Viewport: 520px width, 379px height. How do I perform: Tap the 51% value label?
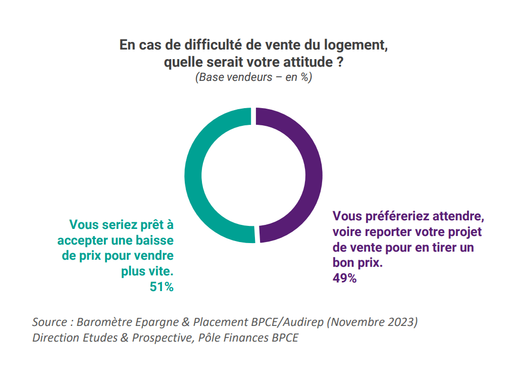tap(162, 287)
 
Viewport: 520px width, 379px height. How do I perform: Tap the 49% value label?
tap(345, 277)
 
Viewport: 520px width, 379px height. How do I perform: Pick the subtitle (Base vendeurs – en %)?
tap(253, 78)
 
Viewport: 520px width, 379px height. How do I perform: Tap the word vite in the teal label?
tap(161, 271)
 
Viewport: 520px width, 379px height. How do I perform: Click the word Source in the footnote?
tap(49, 322)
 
